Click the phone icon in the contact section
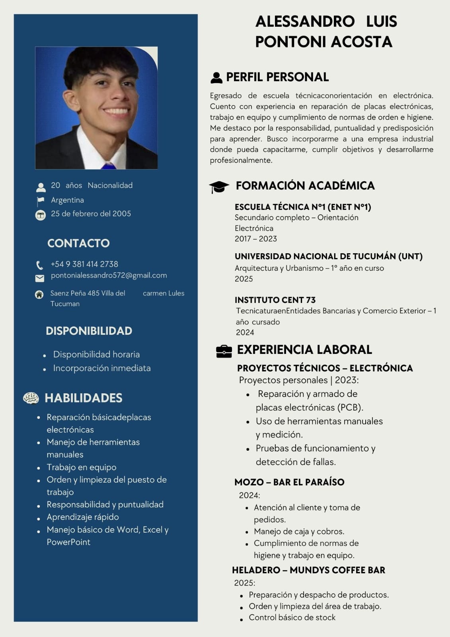tap(40, 265)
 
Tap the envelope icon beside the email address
tap(40, 278)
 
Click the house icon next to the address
tap(39, 295)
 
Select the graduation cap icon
tap(219, 187)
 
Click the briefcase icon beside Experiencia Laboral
tap(224, 351)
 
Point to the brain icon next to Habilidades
tap(31, 398)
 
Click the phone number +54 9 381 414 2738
tap(84, 264)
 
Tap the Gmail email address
tap(109, 275)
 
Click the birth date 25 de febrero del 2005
tap(91, 213)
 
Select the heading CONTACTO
tap(78, 243)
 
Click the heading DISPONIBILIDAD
tap(89, 331)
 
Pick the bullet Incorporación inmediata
tap(102, 368)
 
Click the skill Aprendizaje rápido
tap(83, 517)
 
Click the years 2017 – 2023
tap(255, 238)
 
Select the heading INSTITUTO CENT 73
tap(275, 300)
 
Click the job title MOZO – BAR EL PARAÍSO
tap(289, 482)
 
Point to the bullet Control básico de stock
tap(292, 617)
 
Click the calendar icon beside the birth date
tap(41, 215)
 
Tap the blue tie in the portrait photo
tap(108, 165)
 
